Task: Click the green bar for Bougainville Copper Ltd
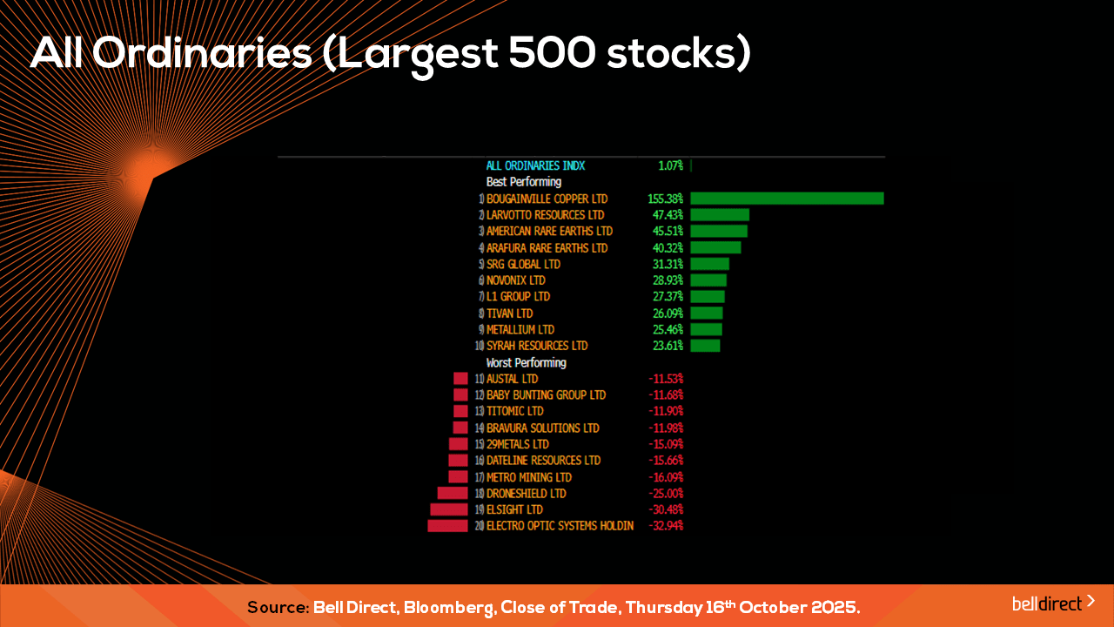pos(787,199)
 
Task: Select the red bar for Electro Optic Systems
pos(447,526)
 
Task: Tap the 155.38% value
pos(666,199)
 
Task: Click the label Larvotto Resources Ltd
pos(545,215)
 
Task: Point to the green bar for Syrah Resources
pos(705,346)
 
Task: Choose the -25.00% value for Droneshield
pos(666,494)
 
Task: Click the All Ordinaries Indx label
pos(535,165)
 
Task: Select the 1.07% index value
pos(670,165)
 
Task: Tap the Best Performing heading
pos(523,182)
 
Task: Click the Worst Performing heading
pos(526,362)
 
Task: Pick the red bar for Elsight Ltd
pos(449,509)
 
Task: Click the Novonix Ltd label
pos(515,280)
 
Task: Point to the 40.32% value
pos(668,248)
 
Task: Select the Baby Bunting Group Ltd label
pos(546,395)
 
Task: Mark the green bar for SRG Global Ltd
pos(709,264)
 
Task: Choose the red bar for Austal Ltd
pos(460,379)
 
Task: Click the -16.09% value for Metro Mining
pos(666,477)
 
